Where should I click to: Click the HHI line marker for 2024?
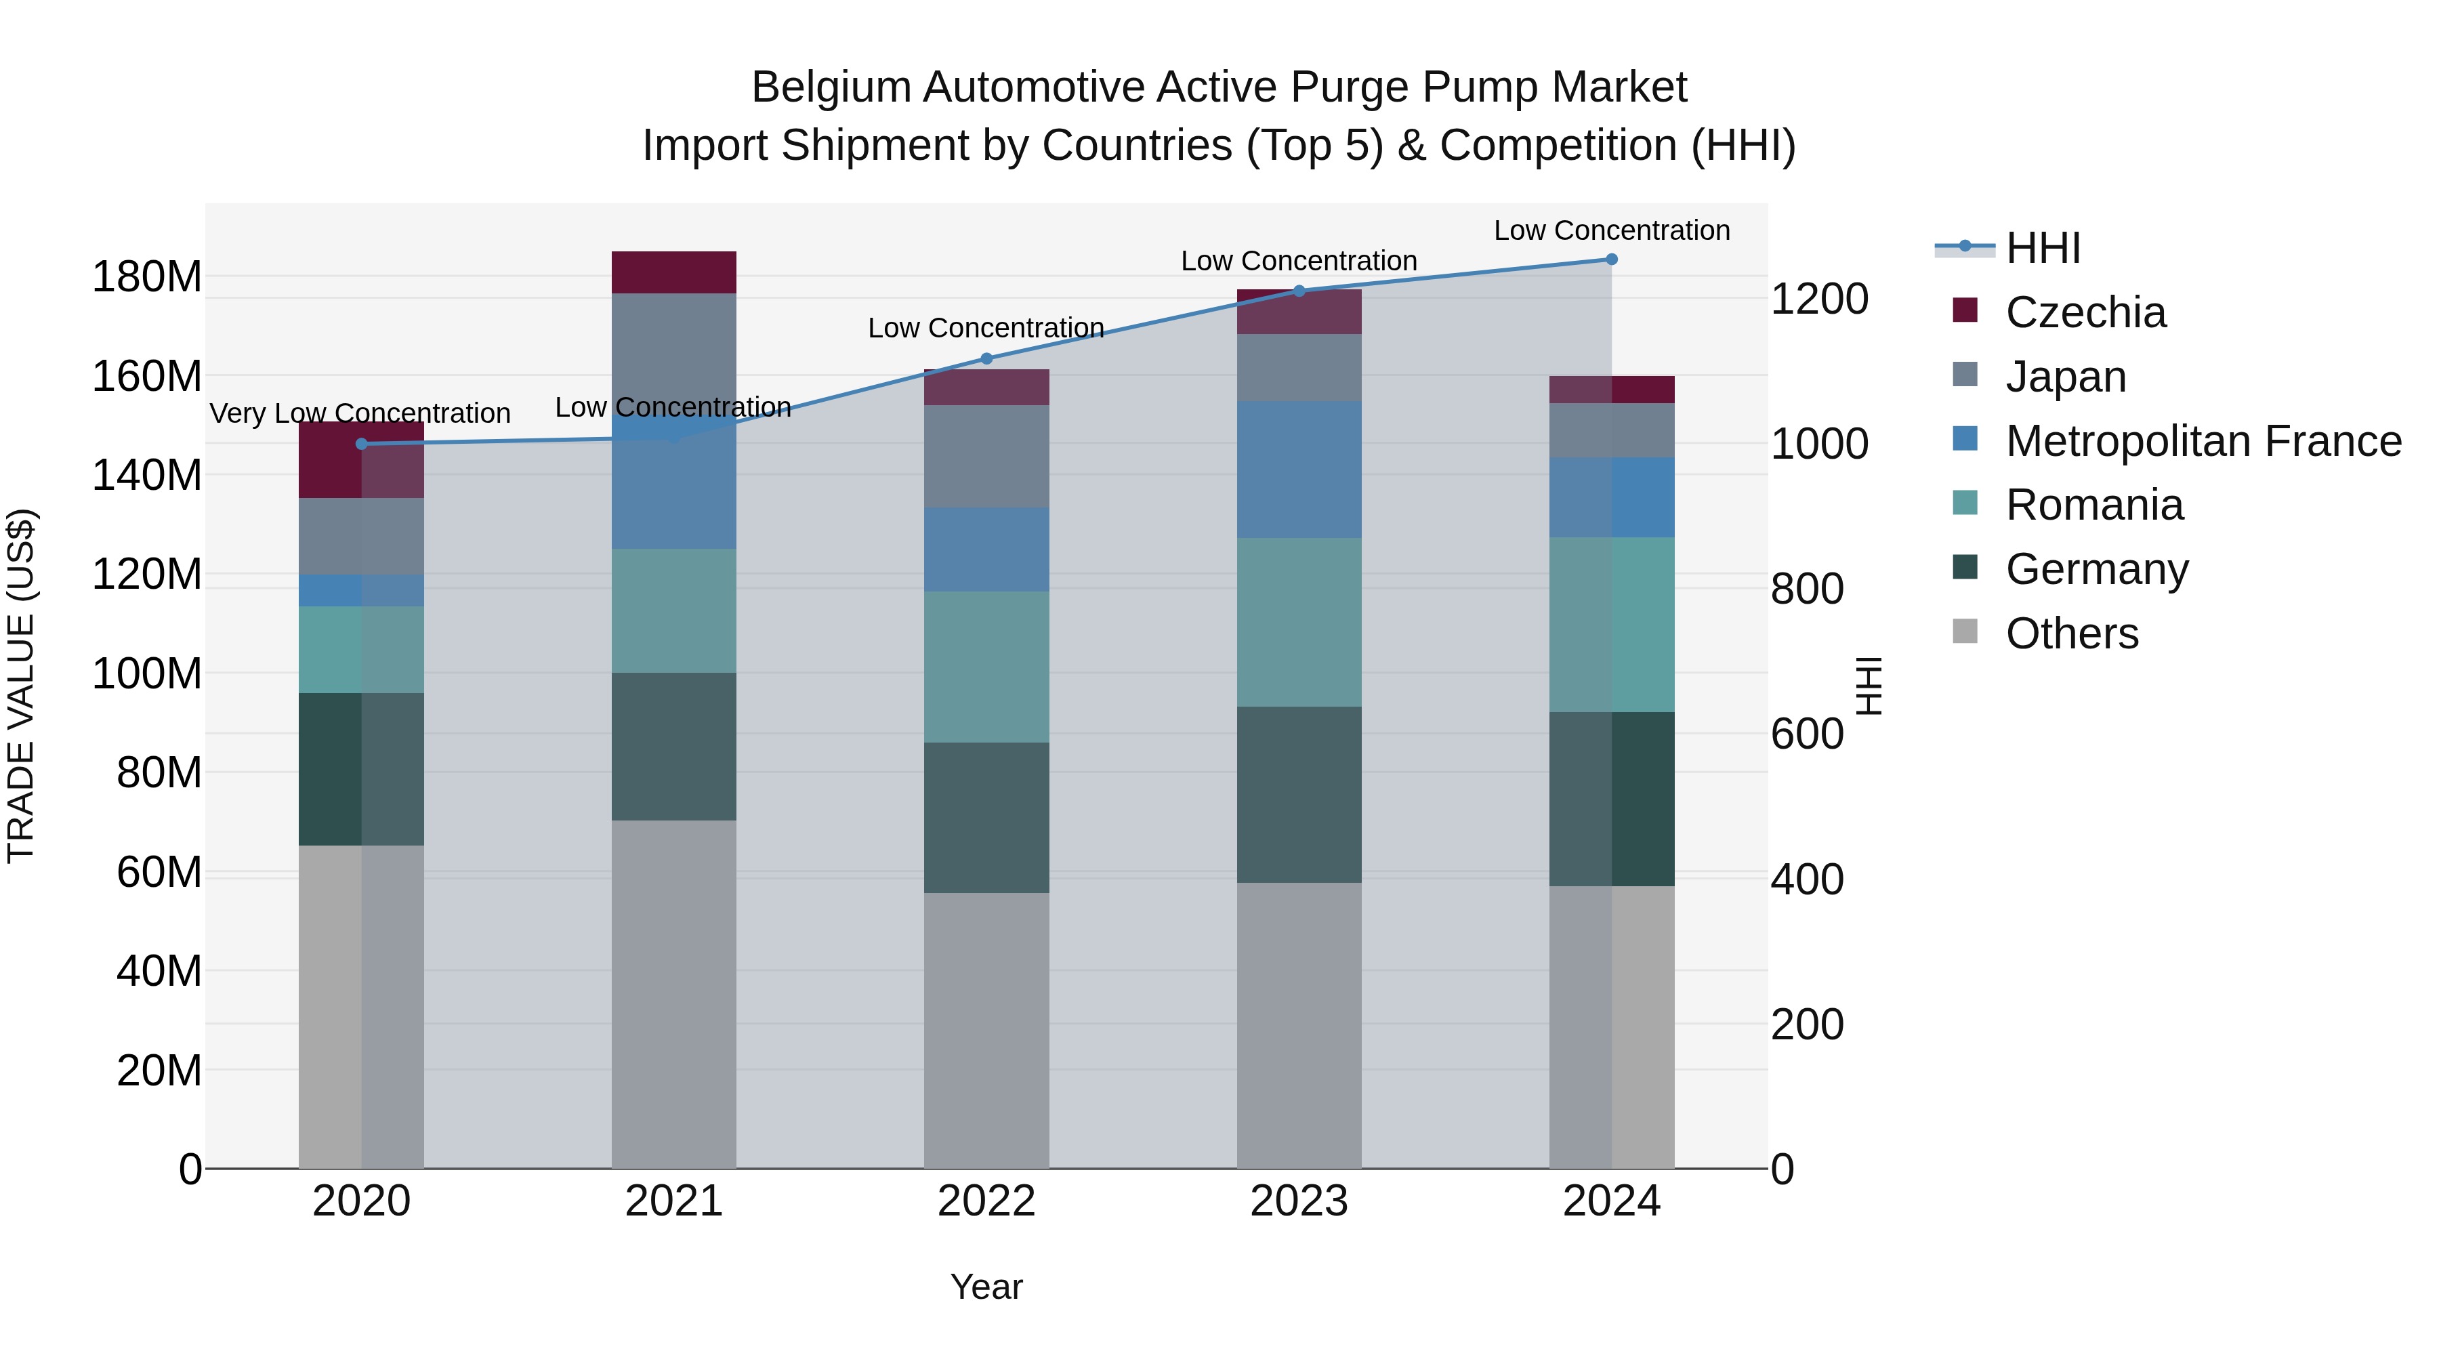1612,259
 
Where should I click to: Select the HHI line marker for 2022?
986,359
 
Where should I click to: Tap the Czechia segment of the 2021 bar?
673,272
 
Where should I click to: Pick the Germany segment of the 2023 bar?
1298,795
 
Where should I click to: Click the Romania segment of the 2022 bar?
986,667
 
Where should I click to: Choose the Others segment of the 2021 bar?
673,994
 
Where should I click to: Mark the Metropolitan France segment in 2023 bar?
1298,470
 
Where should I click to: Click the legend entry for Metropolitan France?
2203,441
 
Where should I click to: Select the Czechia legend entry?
2084,312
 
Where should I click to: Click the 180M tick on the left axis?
147,277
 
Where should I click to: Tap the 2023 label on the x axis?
1298,1201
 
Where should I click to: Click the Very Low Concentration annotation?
360,414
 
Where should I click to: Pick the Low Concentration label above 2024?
1612,230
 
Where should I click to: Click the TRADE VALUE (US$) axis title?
21,686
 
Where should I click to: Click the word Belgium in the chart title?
831,88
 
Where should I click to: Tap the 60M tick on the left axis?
159,872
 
